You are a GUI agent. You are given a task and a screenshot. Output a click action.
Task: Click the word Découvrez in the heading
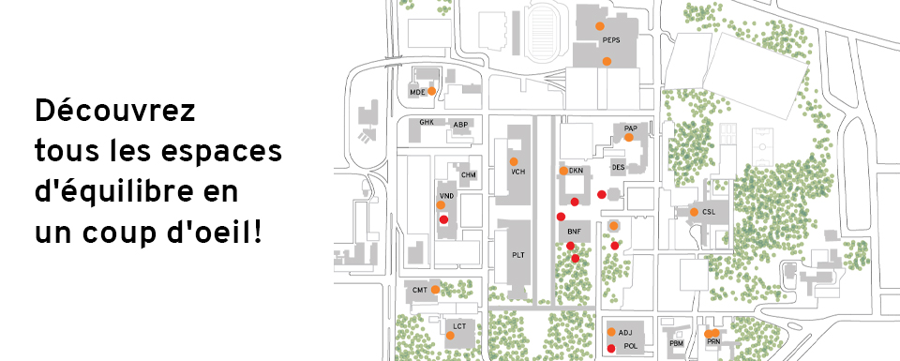tap(115, 112)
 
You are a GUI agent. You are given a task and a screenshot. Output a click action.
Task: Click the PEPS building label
tap(611, 40)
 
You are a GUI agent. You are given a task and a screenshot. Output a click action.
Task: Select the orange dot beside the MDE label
tap(431, 91)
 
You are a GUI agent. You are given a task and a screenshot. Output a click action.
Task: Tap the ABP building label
tap(460, 125)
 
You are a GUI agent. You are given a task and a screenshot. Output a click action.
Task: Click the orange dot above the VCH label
tap(514, 161)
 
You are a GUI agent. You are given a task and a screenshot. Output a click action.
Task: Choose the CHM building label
tap(469, 175)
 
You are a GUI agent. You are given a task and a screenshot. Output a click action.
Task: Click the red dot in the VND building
tap(443, 219)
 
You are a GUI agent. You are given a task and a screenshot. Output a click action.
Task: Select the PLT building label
tap(518, 255)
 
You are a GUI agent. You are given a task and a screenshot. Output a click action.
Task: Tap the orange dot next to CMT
tap(436, 290)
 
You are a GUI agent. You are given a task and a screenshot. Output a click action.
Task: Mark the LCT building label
tap(459, 326)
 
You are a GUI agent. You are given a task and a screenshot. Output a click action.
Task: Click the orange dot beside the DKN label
tap(563, 171)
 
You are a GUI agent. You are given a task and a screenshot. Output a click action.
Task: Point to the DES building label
tap(618, 167)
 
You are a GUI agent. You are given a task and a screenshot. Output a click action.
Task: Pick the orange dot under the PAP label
tap(629, 137)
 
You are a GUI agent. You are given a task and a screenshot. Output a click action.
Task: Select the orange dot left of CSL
tap(694, 212)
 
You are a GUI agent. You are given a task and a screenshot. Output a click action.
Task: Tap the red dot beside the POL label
tap(612, 348)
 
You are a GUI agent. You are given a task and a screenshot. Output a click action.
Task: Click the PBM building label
tap(677, 343)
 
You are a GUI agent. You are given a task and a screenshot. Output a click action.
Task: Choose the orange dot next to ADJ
tap(612, 332)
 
